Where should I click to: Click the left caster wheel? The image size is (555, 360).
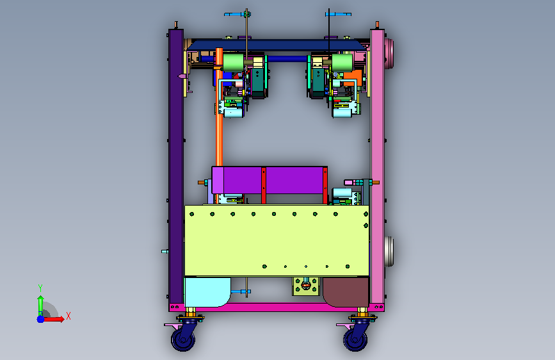[183, 340]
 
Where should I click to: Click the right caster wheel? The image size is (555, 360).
[355, 340]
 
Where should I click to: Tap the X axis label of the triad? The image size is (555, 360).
[68, 316]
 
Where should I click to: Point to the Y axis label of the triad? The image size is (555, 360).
[40, 288]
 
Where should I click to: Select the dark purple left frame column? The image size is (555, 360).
[176, 167]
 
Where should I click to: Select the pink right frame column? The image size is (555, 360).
[377, 167]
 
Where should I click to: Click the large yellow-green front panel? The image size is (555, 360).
[277, 240]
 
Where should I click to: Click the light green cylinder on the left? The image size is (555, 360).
[233, 62]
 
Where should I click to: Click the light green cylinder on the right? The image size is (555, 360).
[342, 62]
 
